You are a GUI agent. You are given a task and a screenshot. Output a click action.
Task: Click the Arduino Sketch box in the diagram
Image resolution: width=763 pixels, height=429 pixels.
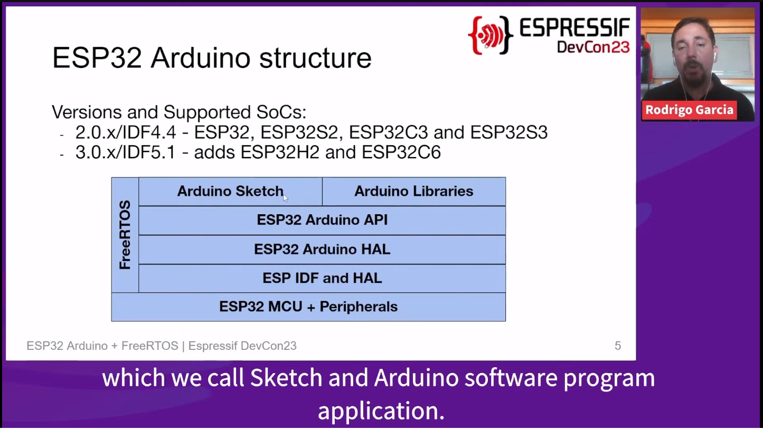coord(230,192)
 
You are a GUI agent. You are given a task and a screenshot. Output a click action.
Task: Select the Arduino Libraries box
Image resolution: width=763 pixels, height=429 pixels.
coord(414,192)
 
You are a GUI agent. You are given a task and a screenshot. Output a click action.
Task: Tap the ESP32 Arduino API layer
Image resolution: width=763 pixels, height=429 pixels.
coord(322,220)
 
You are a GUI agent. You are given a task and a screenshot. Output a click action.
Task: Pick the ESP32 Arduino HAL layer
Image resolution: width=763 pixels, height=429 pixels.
coord(322,250)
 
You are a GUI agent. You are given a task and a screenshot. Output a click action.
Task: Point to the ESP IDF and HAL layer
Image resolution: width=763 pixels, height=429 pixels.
coord(322,278)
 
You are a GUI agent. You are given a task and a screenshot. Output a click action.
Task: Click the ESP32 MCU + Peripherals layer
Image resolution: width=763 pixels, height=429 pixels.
coord(308,307)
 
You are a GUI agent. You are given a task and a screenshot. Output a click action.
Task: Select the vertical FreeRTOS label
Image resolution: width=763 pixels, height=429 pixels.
coord(125,235)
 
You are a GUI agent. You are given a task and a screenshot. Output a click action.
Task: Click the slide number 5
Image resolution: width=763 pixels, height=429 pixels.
coord(618,346)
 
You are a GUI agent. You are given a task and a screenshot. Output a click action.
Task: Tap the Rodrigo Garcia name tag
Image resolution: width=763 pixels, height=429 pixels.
coord(689,110)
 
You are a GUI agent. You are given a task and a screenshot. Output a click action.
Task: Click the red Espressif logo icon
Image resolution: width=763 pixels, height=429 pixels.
coord(491,35)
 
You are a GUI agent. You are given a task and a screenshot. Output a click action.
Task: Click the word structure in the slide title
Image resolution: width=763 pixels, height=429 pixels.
coord(315,58)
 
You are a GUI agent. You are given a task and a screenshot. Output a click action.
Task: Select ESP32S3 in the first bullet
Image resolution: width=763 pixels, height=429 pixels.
coord(509,132)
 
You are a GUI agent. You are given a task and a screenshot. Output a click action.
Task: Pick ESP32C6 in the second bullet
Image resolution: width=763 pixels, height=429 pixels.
coord(401,152)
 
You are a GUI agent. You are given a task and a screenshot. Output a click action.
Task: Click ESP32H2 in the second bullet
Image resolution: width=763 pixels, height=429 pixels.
coord(280,152)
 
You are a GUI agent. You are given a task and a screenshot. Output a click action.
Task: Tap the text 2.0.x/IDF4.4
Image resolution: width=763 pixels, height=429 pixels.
coord(126,132)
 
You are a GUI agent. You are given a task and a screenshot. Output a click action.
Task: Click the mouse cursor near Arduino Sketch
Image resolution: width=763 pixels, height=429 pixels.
coord(286,198)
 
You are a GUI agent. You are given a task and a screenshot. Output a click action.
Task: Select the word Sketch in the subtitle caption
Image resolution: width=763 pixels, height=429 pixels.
coord(286,378)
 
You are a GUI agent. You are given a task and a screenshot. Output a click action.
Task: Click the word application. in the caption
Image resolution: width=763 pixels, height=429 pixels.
coord(381,411)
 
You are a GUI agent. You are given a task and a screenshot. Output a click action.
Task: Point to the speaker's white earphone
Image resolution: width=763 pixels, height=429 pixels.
coord(714,56)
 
